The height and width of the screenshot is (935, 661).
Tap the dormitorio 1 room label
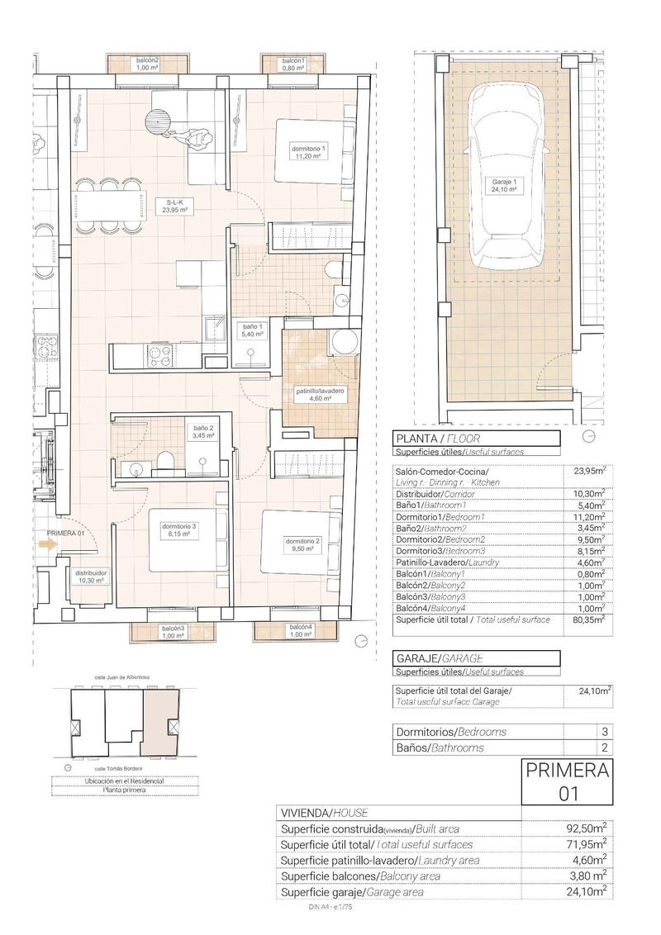coord(310,153)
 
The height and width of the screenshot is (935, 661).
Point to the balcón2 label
coord(147,65)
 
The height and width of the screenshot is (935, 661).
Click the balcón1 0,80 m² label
coord(293,65)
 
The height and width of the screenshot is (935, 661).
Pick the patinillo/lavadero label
coord(319,393)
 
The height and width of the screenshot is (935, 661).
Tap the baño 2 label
coord(203,432)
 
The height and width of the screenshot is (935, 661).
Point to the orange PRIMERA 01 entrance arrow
coord(47,543)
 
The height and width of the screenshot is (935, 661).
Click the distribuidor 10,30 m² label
coord(91,576)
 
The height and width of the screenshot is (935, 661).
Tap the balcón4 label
coord(301,632)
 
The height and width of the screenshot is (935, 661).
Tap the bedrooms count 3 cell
coord(605,732)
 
